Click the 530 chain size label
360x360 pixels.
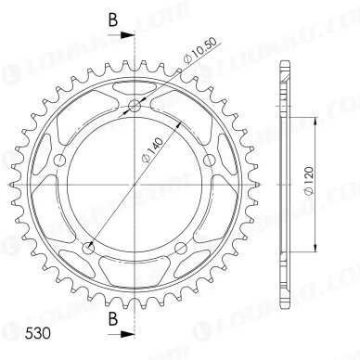pyautogui.click(x=37, y=333)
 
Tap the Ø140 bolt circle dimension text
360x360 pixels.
pyautogui.click(x=152, y=150)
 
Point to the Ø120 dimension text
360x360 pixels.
pyautogui.click(x=309, y=181)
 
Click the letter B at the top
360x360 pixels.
pyautogui.click(x=113, y=20)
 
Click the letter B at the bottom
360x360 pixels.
pyautogui.click(x=113, y=318)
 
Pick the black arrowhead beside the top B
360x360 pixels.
pyautogui.click(x=127, y=35)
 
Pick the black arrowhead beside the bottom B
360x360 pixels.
pyautogui.click(x=127, y=334)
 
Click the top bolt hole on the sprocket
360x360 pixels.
pyautogui.click(x=135, y=107)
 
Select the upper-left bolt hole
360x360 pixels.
pyautogui.click(x=60, y=161)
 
